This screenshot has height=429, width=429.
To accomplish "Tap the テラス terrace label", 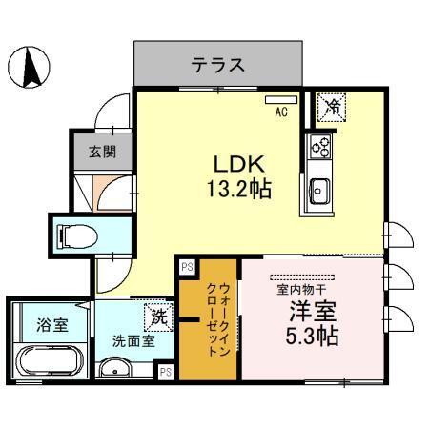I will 218,65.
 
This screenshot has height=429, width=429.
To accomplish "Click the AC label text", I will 281,111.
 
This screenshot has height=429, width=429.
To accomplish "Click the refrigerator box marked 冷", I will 331,106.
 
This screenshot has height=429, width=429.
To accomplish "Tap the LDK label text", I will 232,162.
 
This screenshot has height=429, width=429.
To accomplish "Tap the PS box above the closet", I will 186,268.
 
